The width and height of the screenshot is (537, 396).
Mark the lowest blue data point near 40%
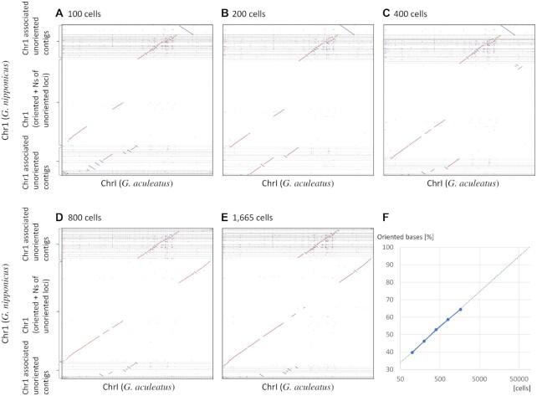(412, 352)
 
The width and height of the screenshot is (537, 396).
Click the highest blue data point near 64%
(460, 310)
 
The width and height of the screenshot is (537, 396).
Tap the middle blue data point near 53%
(436, 330)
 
